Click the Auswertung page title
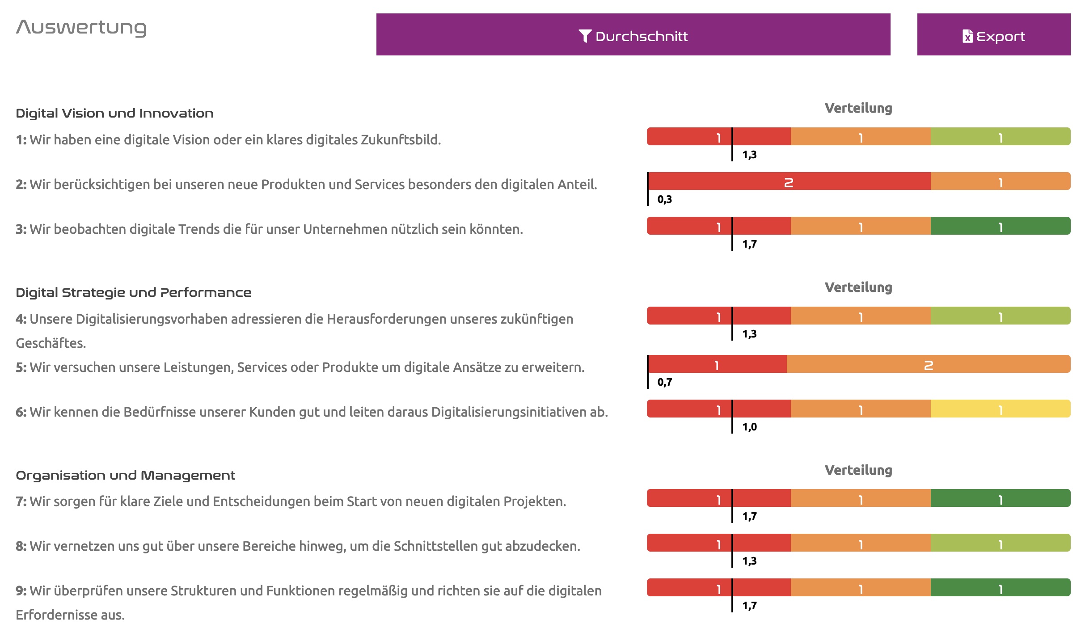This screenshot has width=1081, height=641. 81,28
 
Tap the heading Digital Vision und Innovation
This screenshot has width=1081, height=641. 114,114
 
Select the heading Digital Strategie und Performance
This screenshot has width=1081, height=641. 133,293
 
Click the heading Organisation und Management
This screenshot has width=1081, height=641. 125,475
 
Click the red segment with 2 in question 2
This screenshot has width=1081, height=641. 789,181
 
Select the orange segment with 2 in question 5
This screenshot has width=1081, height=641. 929,364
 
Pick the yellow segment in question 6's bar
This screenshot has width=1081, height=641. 1001,409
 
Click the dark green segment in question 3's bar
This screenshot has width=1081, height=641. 1001,226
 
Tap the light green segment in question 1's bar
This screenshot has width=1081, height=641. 1001,137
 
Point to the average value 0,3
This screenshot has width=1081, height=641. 665,199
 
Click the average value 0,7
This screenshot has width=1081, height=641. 665,382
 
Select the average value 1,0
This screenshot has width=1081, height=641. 750,427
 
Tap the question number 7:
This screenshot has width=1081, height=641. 21,502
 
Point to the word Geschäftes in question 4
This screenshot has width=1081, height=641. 50,343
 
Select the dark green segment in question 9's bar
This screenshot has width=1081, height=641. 1001,588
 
